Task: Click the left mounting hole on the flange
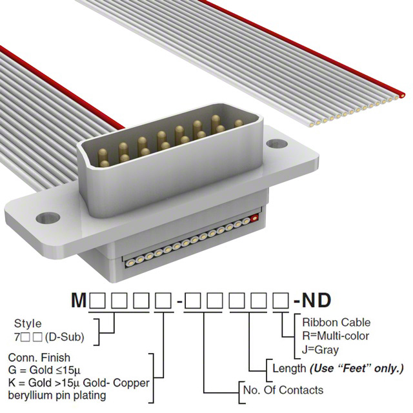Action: [48, 217]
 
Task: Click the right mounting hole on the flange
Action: [277, 143]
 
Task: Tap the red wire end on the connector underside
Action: [254, 218]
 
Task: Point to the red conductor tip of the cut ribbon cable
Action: [402, 96]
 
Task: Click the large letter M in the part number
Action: [79, 300]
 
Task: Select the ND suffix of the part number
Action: [316, 300]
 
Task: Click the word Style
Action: [28, 323]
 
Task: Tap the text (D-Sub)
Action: [65, 337]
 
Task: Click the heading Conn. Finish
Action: [39, 358]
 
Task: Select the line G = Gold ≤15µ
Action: [45, 370]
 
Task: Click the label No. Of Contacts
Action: [283, 390]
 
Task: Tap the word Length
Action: [289, 368]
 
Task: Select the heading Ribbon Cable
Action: [336, 323]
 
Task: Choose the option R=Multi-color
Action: [336, 336]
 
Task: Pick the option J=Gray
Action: [320, 350]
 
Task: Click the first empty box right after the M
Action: [97, 301]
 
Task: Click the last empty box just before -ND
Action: [281, 301]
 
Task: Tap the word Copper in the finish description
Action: [131, 383]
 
